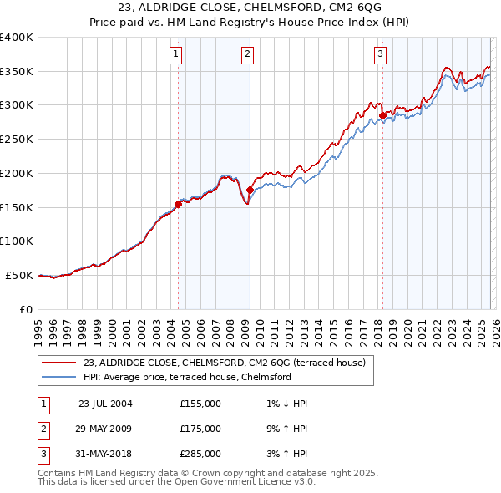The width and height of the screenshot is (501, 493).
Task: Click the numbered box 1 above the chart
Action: click(x=177, y=55)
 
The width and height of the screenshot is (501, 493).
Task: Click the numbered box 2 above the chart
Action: click(x=249, y=55)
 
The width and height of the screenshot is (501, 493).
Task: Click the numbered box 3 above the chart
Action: click(x=380, y=55)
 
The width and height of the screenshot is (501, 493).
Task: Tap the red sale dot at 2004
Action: click(x=178, y=203)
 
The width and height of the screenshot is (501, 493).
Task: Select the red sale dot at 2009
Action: click(x=250, y=190)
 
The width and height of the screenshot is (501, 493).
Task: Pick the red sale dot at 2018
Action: click(x=382, y=115)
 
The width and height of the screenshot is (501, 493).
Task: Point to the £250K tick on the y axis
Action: click(x=17, y=140)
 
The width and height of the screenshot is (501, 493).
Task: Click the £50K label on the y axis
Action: click(x=19, y=275)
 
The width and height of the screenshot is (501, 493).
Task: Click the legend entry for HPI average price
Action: click(x=186, y=377)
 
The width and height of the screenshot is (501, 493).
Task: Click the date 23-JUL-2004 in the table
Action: click(x=105, y=404)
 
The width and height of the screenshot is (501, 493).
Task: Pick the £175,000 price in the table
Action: click(x=200, y=429)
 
